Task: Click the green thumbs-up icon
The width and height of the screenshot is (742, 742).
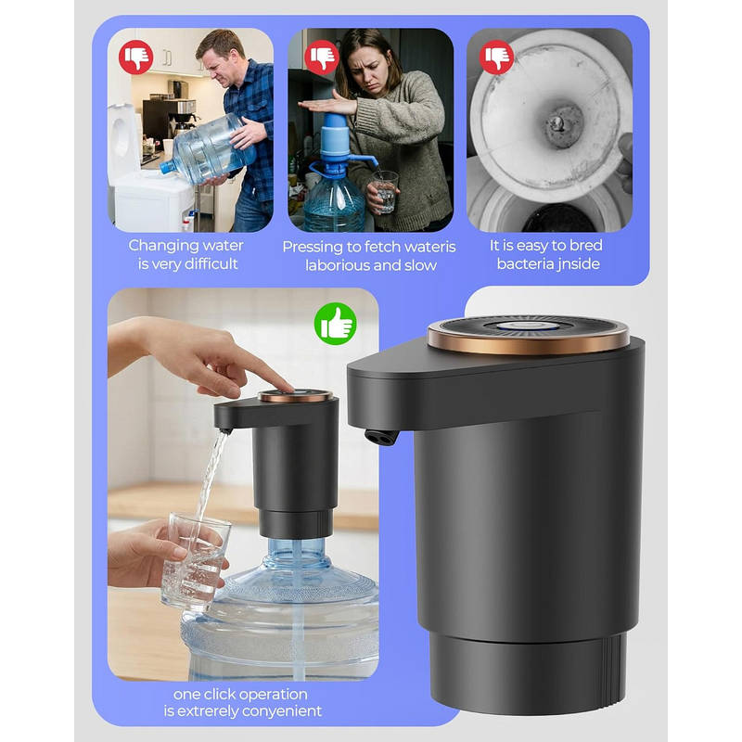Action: click(x=336, y=323)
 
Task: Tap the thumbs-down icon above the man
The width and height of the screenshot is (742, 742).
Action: click(x=136, y=57)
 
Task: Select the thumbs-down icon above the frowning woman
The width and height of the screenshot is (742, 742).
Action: click(x=322, y=57)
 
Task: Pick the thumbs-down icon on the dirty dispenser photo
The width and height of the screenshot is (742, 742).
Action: click(x=496, y=57)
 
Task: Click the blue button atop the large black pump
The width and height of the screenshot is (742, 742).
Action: click(x=529, y=326)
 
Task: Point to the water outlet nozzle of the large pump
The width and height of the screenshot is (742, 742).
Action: click(x=382, y=437)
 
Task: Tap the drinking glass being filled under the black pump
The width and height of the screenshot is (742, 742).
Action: click(x=196, y=562)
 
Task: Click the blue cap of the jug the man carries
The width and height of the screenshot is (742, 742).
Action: click(x=167, y=167)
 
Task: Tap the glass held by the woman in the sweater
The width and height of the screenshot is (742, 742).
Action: click(x=386, y=192)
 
